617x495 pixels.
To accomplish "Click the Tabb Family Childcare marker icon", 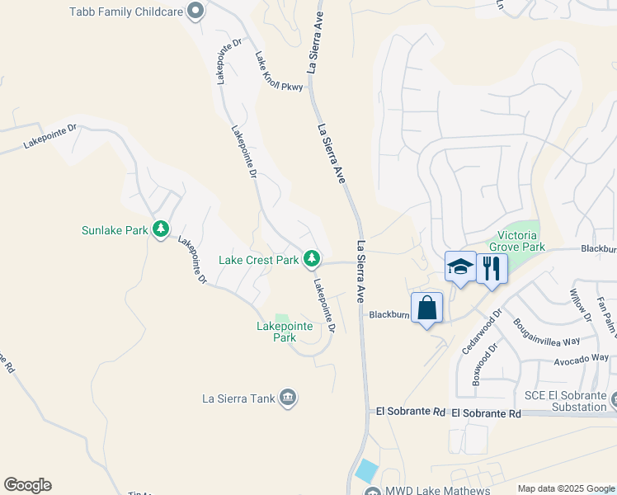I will (195, 11).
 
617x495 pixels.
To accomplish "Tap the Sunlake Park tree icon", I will (163, 229).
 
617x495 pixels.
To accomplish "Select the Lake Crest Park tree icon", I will (312, 260).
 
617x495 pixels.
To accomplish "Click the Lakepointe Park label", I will (285, 332).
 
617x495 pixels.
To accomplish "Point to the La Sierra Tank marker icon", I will (288, 398).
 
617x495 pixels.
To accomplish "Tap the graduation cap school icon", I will (460, 267).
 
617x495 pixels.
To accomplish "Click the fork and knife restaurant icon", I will (492, 267).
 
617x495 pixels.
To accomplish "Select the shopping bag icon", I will (426, 309).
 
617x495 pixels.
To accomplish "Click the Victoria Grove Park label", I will (517, 240).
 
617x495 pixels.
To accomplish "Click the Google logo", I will (27, 485).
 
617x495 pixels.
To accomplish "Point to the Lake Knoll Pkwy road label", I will (279, 73).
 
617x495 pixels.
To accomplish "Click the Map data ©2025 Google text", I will (566, 488).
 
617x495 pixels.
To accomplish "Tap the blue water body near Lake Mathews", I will (366, 472).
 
